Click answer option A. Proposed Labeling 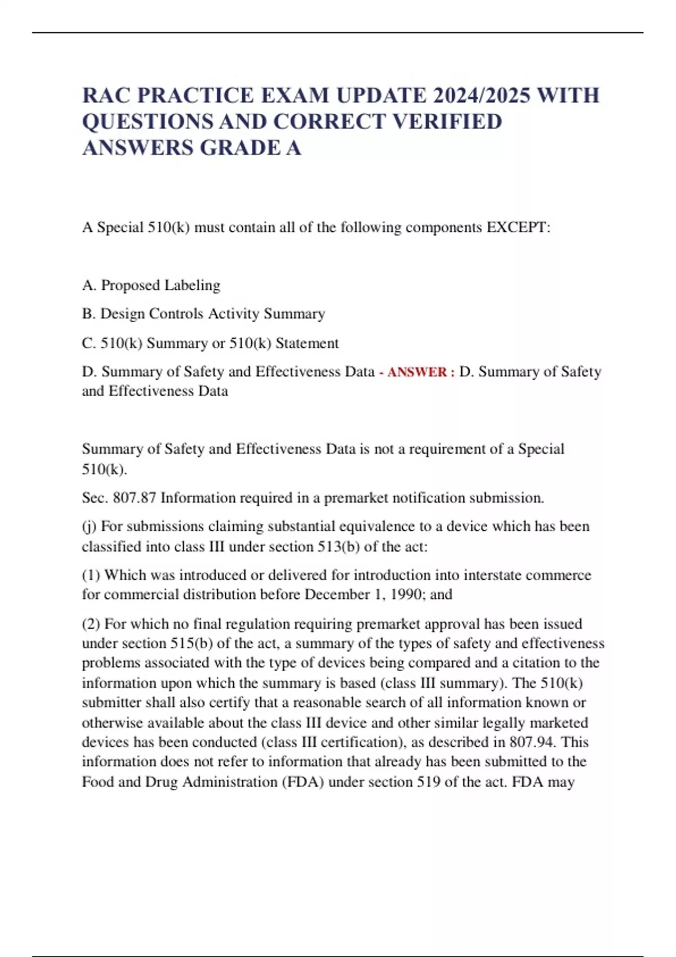pyautogui.click(x=151, y=285)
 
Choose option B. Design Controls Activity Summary pyautogui.click(x=203, y=314)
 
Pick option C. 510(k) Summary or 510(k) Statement pyautogui.click(x=210, y=343)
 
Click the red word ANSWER pyautogui.click(x=417, y=372)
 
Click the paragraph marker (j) pyautogui.click(x=89, y=526)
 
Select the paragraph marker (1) pyautogui.click(x=91, y=575)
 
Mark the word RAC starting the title pyautogui.click(x=106, y=95)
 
